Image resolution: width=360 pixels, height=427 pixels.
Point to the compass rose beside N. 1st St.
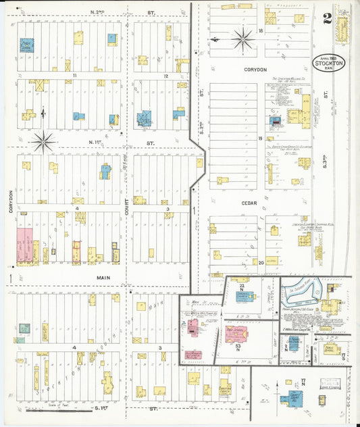click(x=43, y=141)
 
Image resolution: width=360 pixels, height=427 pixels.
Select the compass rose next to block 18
click(x=242, y=39)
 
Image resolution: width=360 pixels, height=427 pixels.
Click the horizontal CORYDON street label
click(x=255, y=70)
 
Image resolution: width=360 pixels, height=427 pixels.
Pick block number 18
click(x=260, y=31)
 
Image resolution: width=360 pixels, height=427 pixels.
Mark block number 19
click(x=260, y=138)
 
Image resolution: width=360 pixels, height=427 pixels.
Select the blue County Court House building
click(x=294, y=398)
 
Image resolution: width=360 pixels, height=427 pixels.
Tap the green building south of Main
click(x=24, y=328)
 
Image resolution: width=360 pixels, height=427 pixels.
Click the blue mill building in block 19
click(x=276, y=122)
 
